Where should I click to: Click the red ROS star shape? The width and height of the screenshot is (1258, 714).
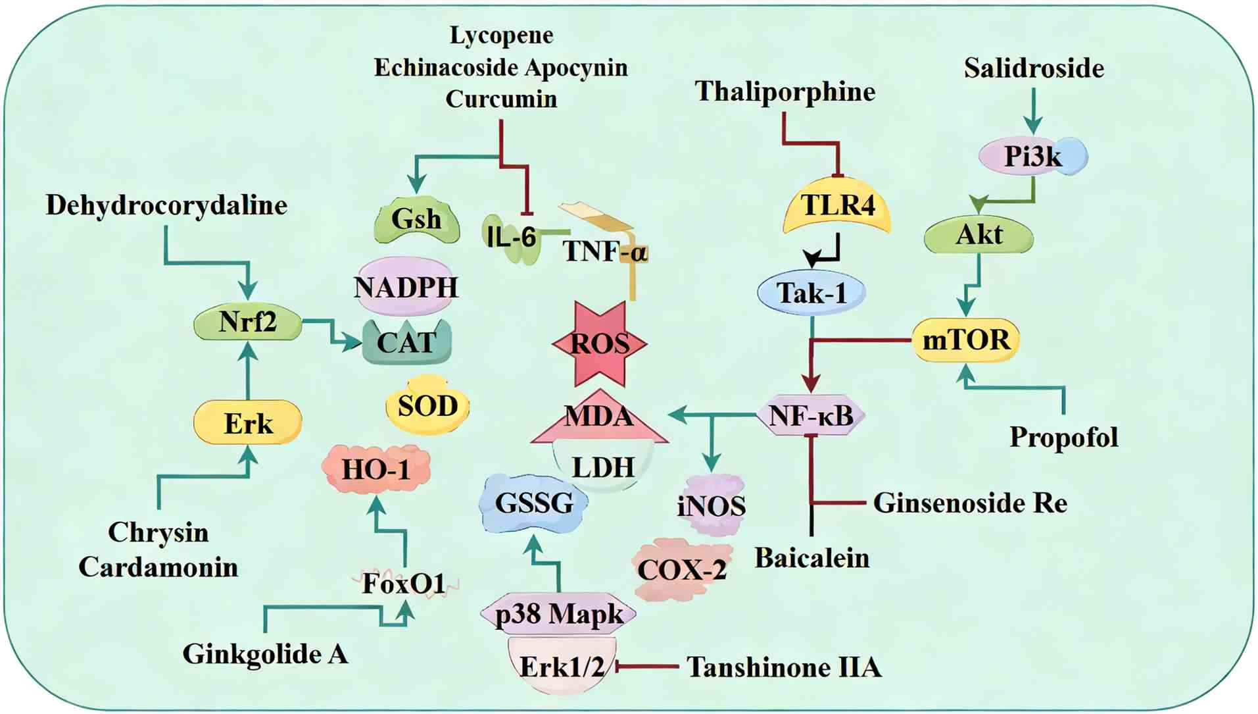(600, 343)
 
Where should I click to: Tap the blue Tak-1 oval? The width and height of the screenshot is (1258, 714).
(811, 293)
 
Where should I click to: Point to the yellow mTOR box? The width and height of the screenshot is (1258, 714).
(966, 340)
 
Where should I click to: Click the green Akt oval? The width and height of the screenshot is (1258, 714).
(979, 235)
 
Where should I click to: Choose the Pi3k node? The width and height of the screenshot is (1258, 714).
(1032, 157)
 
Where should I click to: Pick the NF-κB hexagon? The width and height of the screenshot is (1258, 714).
(811, 415)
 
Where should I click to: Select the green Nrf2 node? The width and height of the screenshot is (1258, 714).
(248, 322)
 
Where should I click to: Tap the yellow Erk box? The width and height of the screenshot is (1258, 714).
(248, 423)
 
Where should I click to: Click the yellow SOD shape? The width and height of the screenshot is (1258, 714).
(427, 405)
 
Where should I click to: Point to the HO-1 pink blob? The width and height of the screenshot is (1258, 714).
(376, 469)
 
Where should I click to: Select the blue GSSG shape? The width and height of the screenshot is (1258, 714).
(534, 503)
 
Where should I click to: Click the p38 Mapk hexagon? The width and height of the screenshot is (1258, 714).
(558, 614)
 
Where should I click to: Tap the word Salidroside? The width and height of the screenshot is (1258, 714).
(1034, 68)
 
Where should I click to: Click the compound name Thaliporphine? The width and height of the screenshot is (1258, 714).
(785, 91)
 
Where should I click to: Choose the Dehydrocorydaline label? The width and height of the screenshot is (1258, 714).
(166, 205)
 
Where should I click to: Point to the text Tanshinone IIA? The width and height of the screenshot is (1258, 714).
(784, 667)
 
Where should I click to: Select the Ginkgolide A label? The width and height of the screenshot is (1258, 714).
(265, 654)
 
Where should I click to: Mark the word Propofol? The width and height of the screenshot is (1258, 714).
(1063, 437)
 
